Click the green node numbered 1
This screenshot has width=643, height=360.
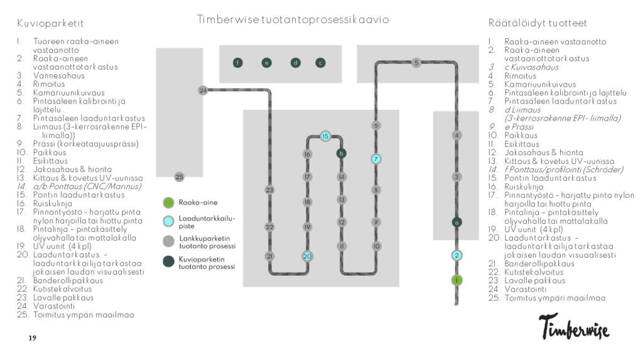pyautogui.click(x=457, y=280)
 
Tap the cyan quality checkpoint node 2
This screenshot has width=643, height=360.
pyautogui.click(x=457, y=255)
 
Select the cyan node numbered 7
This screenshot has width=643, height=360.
pyautogui.click(x=376, y=159)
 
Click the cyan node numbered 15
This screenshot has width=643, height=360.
pyautogui.click(x=325, y=136)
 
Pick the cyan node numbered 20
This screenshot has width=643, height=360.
pyautogui.click(x=307, y=256)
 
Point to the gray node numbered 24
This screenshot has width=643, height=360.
pyautogui.click(x=202, y=90)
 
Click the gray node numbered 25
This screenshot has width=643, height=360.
pyautogui.click(x=179, y=177)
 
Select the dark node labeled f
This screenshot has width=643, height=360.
pyautogui.click(x=237, y=62)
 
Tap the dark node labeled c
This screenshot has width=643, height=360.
pyautogui.click(x=320, y=62)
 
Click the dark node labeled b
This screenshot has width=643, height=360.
pyautogui.click(x=342, y=153)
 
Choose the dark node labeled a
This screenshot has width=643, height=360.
pyautogui.click(x=457, y=222)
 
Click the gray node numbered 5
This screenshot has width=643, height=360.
pyautogui.click(x=416, y=63)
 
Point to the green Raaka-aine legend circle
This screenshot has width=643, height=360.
pyautogui.click(x=168, y=203)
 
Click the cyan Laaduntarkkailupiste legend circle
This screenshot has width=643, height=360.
pyautogui.click(x=168, y=222)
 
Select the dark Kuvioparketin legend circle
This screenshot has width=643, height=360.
pyautogui.click(x=168, y=261)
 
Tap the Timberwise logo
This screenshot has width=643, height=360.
pyautogui.click(x=573, y=325)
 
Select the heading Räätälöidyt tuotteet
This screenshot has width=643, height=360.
pyautogui.click(x=538, y=23)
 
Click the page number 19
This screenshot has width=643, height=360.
pyautogui.click(x=33, y=339)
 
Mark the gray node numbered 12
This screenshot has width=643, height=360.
pyautogui.click(x=342, y=222)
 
